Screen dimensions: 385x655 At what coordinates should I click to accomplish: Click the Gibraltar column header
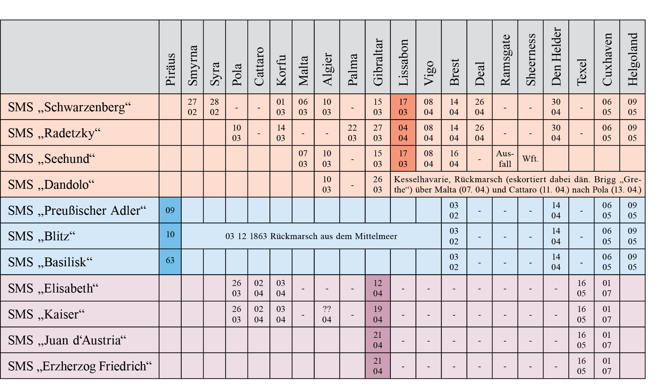tap(378, 62)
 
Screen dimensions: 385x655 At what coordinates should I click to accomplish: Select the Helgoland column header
tap(632, 59)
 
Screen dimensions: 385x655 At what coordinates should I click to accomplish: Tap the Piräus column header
tap(170, 69)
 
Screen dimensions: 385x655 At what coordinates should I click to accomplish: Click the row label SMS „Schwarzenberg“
tap(69, 107)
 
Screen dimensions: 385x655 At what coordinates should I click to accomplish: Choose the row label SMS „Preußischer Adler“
tap(77, 210)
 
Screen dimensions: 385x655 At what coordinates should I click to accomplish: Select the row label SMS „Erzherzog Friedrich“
tap(80, 366)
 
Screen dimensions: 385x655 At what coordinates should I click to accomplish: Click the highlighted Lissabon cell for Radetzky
tap(403, 133)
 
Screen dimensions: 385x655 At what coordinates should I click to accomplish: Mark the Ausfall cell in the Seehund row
tap(505, 158)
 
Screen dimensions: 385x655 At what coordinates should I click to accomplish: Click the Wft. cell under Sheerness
tap(530, 158)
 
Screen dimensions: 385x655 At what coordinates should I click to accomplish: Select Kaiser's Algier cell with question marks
tap(327, 314)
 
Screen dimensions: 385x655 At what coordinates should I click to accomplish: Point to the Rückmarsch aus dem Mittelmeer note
tap(311, 236)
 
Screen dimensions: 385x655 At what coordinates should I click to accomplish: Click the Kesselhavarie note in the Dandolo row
tap(517, 184)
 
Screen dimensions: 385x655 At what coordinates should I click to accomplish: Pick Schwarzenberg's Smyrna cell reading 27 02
tap(192, 107)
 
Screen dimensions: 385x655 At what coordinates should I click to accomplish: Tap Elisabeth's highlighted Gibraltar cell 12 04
tap(378, 288)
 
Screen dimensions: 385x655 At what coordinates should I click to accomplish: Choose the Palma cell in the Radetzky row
tap(352, 133)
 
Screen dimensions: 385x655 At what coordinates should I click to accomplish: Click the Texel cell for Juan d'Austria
tap(581, 340)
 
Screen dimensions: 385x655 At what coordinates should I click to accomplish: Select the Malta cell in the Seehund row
tap(303, 158)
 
